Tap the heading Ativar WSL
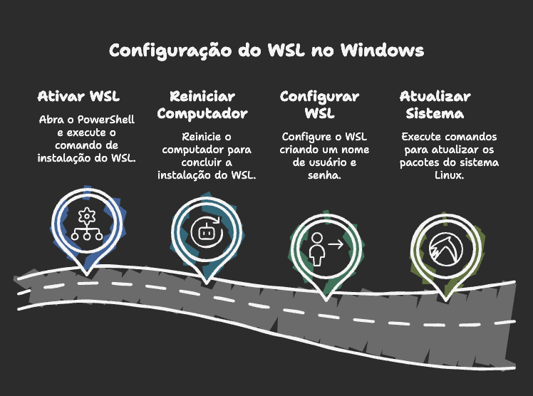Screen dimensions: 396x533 click(x=78, y=96)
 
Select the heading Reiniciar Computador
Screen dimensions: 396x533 click(x=202, y=105)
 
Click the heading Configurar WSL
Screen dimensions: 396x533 click(x=319, y=105)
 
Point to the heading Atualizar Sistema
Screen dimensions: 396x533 click(x=435, y=105)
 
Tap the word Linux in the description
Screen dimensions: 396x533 click(x=449, y=175)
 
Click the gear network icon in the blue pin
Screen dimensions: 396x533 click(x=86, y=224)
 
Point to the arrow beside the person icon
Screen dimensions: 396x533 click(x=336, y=244)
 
